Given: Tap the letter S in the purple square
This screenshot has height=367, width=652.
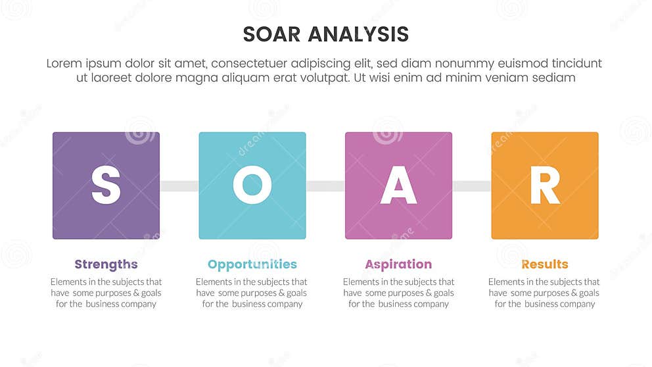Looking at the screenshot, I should [x=106, y=185].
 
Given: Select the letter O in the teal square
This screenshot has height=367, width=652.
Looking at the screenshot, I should [x=252, y=185].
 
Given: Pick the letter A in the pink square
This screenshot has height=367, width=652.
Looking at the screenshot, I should [x=399, y=185].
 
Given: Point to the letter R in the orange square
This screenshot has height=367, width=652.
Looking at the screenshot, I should [x=545, y=185].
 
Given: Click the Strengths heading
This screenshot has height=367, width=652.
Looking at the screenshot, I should [x=106, y=264].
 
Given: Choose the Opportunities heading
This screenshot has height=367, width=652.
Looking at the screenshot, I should [x=252, y=264].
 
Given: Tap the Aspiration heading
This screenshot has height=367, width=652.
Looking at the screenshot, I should [x=398, y=264].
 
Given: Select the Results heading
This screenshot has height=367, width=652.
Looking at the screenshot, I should [x=545, y=264].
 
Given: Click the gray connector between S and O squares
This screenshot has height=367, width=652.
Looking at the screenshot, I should [x=179, y=186].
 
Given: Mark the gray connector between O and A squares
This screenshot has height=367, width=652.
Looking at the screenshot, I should [x=325, y=186].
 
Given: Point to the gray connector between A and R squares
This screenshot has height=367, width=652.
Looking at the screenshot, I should [x=472, y=186].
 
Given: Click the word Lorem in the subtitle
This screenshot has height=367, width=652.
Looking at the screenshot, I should [x=65, y=64].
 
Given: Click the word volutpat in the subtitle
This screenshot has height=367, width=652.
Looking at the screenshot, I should [x=320, y=78].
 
